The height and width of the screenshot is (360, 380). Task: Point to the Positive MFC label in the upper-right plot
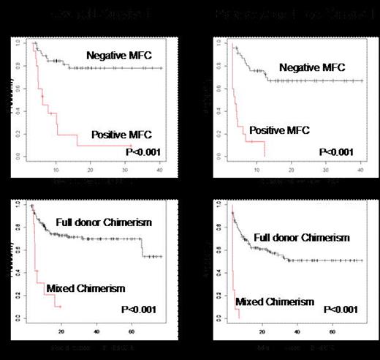click(x=279, y=130)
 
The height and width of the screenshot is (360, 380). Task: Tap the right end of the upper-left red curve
click(x=132, y=146)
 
